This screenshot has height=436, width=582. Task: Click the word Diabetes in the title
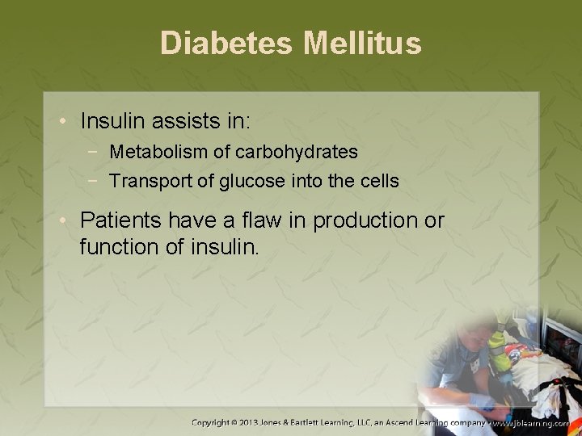click(227, 44)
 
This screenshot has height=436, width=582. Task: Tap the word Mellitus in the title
click(362, 44)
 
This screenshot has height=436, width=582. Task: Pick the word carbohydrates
click(296, 152)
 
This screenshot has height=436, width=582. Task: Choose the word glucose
click(250, 181)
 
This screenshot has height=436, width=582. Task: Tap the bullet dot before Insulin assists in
click(64, 123)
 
